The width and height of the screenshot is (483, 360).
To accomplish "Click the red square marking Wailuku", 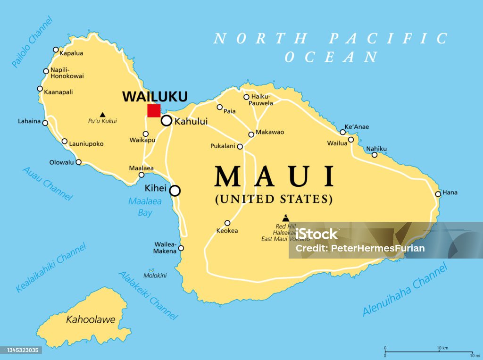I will point(154,110).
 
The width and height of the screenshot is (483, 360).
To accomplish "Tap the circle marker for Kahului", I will point(167,121).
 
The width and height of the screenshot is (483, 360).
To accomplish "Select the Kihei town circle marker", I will point(175,191).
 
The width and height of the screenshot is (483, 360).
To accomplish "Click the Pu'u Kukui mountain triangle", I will point(102,114).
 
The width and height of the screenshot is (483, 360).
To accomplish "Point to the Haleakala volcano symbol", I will point(285,218).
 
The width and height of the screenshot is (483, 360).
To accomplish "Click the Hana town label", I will point(450,193).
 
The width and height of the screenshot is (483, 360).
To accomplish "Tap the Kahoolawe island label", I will point(91,320).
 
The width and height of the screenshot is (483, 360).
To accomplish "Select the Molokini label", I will point(155,276).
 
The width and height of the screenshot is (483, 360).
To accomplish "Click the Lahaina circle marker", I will point(45,123).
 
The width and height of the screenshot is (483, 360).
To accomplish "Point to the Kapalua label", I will point(71,53).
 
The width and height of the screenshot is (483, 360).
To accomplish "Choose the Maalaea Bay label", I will point(145,207).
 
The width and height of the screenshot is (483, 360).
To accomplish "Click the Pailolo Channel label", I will point(32,42).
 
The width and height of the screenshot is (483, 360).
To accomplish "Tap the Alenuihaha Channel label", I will point(405,290).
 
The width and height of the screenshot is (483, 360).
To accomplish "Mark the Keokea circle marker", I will point(227,223).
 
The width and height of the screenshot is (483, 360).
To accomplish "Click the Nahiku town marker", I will point(375,155).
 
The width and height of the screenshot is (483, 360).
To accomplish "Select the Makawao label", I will point(270,132).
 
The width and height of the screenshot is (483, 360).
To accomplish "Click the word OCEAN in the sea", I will point(331,57).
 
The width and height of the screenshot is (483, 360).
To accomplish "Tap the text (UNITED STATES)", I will point(274,199).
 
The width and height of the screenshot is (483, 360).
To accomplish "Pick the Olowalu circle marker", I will point(79,162).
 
